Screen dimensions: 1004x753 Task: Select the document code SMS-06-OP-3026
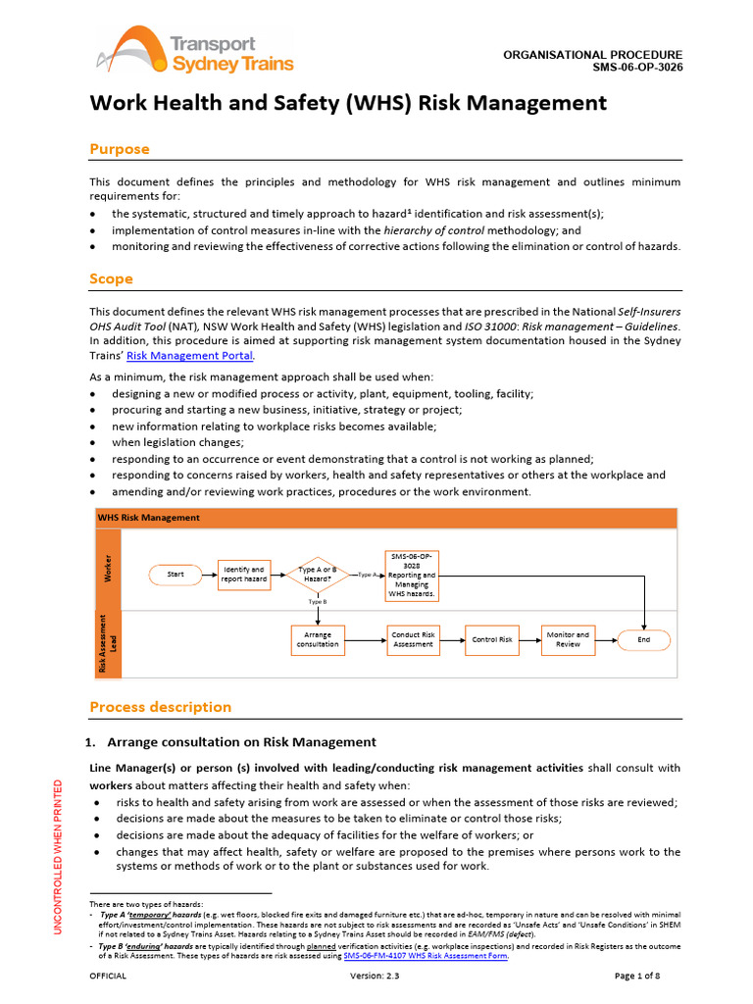pyautogui.click(x=637, y=68)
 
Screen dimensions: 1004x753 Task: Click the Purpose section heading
pyautogui.click(x=120, y=149)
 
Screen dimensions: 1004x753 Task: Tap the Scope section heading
pyautogui.click(x=111, y=278)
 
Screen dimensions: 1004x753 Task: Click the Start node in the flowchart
pyautogui.click(x=176, y=574)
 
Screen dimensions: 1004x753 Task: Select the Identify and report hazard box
pyautogui.click(x=244, y=574)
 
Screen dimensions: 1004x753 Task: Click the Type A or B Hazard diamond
pyautogui.click(x=318, y=574)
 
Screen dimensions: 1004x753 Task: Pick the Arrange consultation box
pyautogui.click(x=318, y=639)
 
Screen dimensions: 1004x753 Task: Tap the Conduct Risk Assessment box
pyautogui.click(x=413, y=639)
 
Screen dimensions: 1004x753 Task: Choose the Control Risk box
pyautogui.click(x=492, y=639)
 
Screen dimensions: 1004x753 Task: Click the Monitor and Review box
pyautogui.click(x=569, y=639)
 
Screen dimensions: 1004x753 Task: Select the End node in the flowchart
pyautogui.click(x=643, y=639)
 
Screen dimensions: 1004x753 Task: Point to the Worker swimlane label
pyautogui.click(x=108, y=568)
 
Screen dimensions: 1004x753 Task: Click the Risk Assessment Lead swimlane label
pyautogui.click(x=108, y=642)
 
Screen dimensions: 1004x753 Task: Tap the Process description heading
pyautogui.click(x=161, y=707)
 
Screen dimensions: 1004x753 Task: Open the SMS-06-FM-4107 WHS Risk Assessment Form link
pyautogui.click(x=426, y=956)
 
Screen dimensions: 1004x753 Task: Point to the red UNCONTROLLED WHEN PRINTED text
pyautogui.click(x=58, y=855)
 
